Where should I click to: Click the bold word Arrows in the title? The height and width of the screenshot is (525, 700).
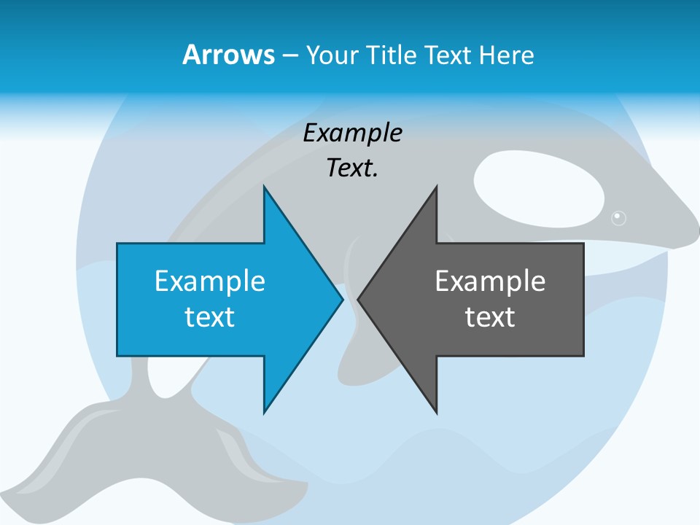pos(227,55)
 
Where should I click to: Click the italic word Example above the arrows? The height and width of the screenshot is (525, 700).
pos(352,133)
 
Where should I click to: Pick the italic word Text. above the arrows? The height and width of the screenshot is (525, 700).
pos(352,168)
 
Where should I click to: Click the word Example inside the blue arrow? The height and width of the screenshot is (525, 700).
pos(210,281)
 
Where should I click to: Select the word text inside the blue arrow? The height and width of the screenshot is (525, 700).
pos(210,316)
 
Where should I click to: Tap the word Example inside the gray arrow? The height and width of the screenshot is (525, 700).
pos(490,281)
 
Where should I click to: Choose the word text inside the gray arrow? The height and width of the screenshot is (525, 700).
pos(490,316)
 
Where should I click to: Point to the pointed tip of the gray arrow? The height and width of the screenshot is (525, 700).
pos(359,299)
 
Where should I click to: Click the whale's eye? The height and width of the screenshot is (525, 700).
pos(618,217)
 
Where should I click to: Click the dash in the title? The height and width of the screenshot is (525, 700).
pos(289,55)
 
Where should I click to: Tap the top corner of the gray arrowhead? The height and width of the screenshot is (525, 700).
pos(436,187)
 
